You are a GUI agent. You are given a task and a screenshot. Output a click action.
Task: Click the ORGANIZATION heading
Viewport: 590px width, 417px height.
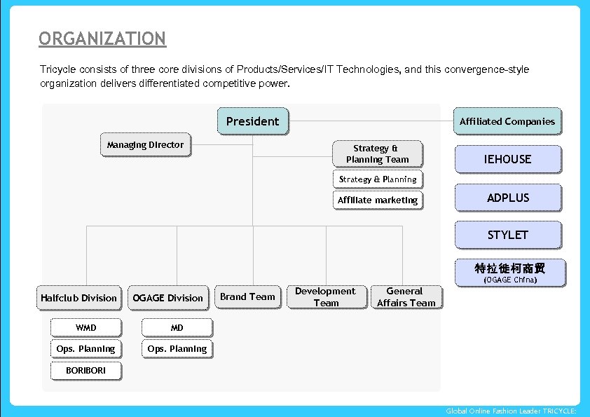[102, 39]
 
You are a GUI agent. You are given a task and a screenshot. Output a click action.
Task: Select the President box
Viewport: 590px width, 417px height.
[252, 121]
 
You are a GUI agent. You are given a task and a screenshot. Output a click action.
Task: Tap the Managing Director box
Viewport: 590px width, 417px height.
[145, 145]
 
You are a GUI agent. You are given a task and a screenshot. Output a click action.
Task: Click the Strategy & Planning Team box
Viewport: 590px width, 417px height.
[377, 153]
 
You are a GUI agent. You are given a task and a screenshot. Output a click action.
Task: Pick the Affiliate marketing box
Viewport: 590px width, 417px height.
[378, 200]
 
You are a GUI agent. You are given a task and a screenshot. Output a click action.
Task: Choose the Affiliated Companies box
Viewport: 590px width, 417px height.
[507, 121]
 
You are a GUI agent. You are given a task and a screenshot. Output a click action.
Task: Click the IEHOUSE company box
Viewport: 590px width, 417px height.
[508, 159]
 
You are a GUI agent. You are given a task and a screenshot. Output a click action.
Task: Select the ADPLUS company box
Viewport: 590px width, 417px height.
[508, 198]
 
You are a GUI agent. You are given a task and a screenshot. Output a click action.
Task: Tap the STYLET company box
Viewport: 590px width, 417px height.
[508, 235]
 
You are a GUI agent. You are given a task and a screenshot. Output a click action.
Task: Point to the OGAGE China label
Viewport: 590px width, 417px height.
[510, 280]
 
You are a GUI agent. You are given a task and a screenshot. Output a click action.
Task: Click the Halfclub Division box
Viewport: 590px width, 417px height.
[79, 298]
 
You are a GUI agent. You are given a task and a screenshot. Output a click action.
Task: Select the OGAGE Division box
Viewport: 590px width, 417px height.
[168, 298]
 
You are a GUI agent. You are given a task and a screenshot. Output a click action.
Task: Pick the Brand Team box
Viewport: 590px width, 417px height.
[247, 296]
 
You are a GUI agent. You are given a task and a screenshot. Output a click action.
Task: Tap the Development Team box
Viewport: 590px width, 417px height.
[326, 296]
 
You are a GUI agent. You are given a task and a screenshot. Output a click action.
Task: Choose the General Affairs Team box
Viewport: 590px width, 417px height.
[406, 296]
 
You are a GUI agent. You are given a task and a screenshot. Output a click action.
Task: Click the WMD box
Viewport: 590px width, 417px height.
[86, 327]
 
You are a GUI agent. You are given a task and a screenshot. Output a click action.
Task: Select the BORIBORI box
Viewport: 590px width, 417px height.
[86, 370]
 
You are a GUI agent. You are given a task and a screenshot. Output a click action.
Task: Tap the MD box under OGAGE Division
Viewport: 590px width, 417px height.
[177, 327]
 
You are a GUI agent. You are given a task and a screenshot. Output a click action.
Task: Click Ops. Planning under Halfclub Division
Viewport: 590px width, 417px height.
[86, 349]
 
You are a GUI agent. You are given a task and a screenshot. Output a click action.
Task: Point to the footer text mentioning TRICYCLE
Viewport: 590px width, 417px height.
[511, 411]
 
